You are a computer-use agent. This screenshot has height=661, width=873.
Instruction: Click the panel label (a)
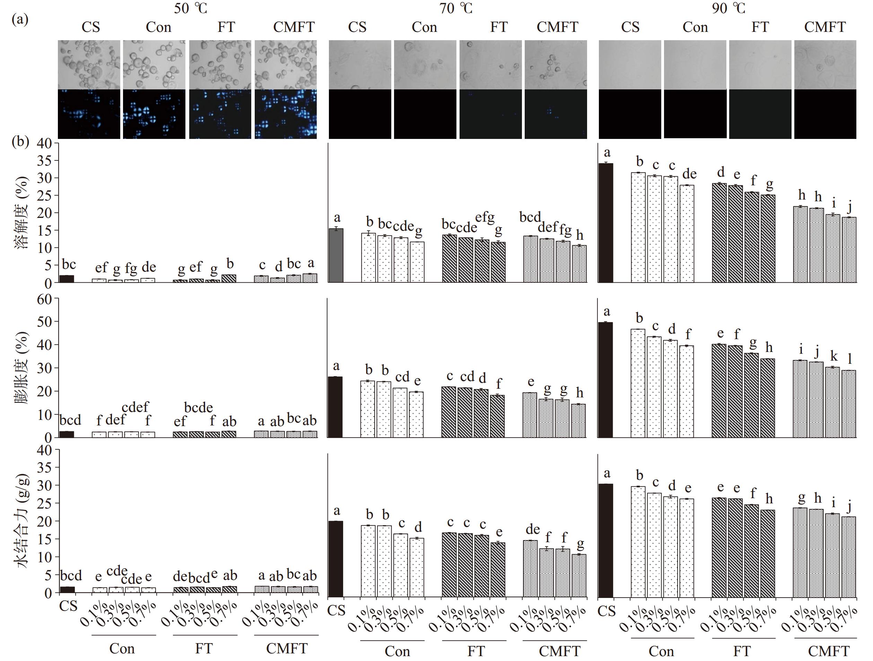[x=20, y=19]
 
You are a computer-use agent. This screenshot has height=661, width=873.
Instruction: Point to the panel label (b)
[x=20, y=141]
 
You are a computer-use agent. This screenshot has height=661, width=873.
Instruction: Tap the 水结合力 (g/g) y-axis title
[x=22, y=521]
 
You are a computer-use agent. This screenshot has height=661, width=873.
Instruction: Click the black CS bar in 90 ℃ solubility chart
[x=606, y=223]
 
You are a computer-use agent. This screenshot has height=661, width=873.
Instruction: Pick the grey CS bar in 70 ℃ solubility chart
[x=336, y=255]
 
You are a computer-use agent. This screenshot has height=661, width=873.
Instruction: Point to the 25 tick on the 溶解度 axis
[x=45, y=196]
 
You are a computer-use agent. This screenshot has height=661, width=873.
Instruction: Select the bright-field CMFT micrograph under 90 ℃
[x=825, y=65]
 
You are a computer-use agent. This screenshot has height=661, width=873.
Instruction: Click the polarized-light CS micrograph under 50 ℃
[x=89, y=114]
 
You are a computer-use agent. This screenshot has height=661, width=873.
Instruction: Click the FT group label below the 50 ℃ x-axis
[x=204, y=649]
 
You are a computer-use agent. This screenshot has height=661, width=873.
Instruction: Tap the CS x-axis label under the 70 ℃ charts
[x=336, y=611]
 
